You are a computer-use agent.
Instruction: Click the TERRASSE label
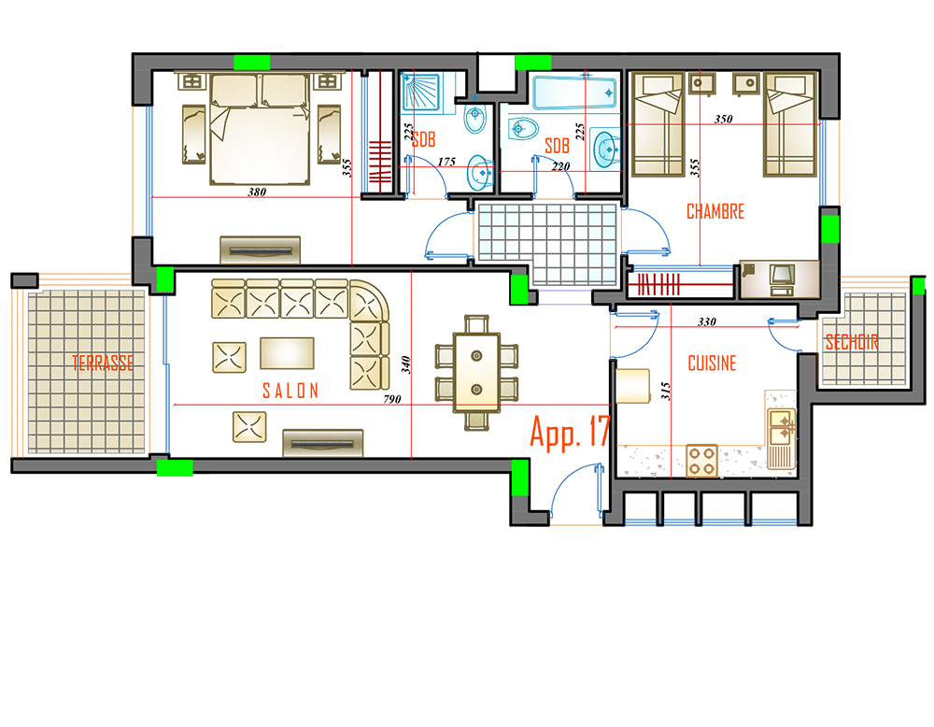tap(103, 363)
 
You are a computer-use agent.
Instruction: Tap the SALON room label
tap(290, 391)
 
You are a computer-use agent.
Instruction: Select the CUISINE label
tap(712, 363)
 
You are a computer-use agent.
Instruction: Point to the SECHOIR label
tap(852, 342)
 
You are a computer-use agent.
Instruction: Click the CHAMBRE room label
tap(715, 211)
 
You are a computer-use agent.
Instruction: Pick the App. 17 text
tap(571, 432)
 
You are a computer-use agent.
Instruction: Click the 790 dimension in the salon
tap(392, 399)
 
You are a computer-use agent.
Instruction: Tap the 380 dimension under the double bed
tap(257, 192)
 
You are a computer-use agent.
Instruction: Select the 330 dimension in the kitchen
tap(706, 321)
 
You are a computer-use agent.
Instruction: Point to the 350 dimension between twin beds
tap(723, 119)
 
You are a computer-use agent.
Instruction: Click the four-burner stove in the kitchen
tap(701, 461)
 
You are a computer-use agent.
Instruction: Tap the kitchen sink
tap(781, 427)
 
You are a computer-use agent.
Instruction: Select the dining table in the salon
tap(476, 373)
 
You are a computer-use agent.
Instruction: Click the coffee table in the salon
tap(287, 353)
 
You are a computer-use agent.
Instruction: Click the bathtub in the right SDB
tap(574, 93)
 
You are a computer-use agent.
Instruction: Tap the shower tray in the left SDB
tap(420, 92)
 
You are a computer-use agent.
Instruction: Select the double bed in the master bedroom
tap(260, 129)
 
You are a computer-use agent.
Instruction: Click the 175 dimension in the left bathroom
tap(446, 162)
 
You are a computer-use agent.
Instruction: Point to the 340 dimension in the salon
tap(405, 364)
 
